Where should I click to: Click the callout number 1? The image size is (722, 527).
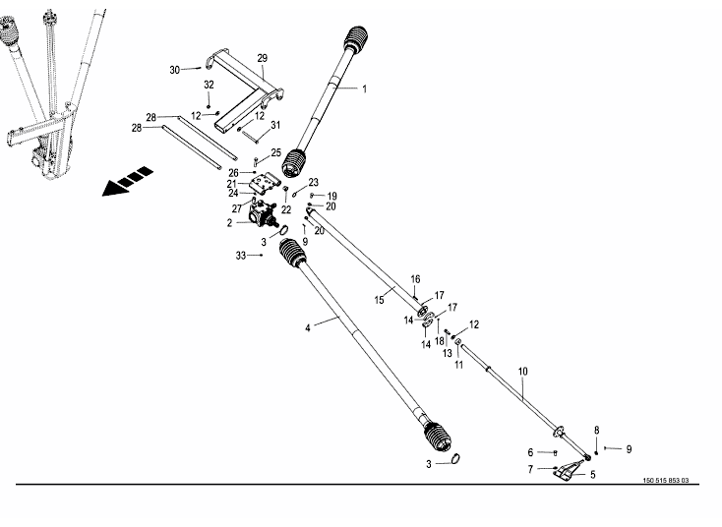[364, 89]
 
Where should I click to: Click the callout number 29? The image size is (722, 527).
[263, 58]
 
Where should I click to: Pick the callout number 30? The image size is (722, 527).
[175, 70]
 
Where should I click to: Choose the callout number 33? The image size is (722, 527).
[241, 256]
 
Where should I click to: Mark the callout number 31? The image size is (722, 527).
[276, 124]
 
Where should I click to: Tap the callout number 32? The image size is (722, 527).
[209, 85]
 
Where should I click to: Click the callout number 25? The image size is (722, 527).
[276, 152]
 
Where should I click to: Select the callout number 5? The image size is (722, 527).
[592, 474]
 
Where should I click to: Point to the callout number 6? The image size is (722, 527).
[530, 452]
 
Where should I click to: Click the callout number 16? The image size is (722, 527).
[415, 278]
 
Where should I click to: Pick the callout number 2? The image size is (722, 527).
[230, 223]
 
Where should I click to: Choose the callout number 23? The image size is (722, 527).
[314, 183]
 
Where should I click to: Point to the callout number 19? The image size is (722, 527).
[331, 196]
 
